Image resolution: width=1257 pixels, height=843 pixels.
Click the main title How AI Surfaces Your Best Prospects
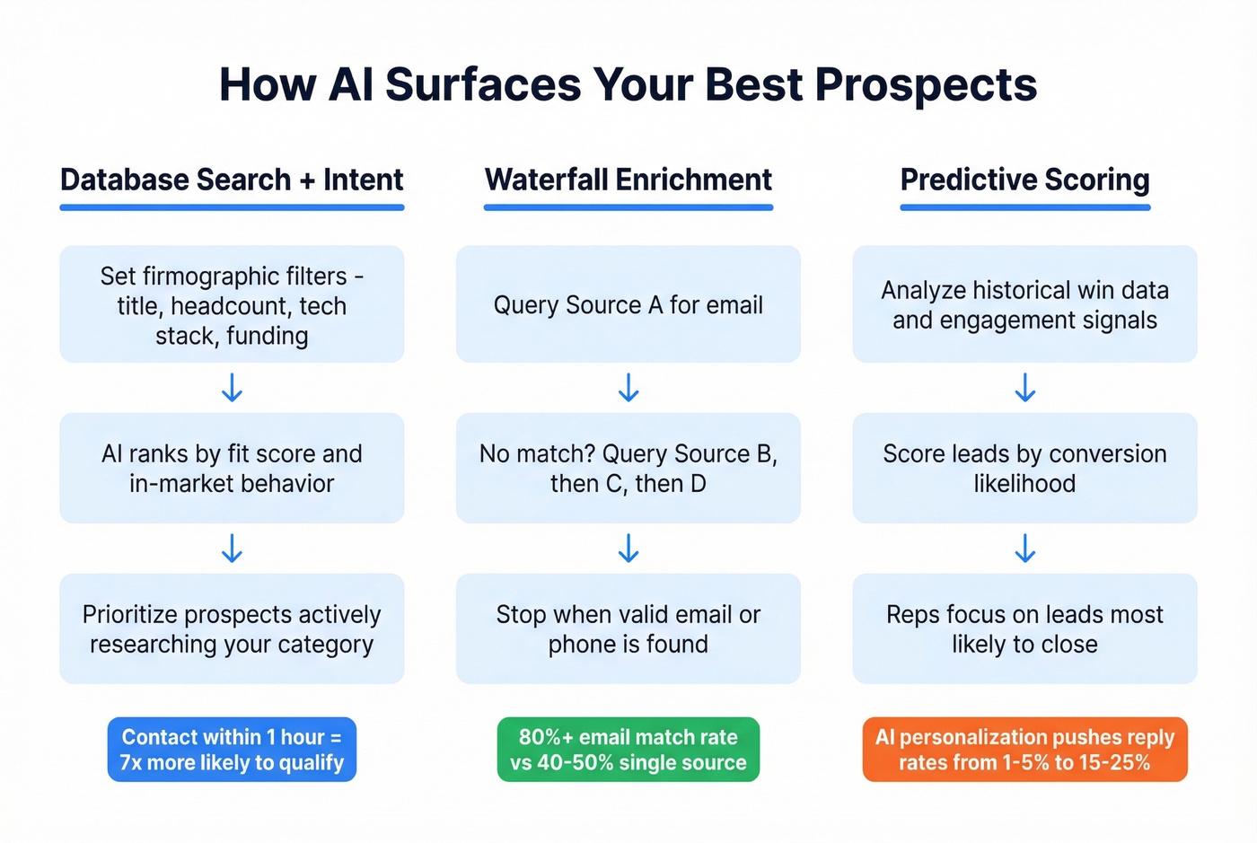pyautogui.click(x=628, y=84)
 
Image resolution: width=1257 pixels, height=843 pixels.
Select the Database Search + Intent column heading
pyautogui.click(x=232, y=180)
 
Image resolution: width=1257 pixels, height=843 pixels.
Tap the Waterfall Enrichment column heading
pyautogui.click(x=628, y=180)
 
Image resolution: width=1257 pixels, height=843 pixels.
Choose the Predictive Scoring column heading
pyautogui.click(x=1024, y=180)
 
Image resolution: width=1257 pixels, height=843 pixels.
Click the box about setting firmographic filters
pyautogui.click(x=232, y=304)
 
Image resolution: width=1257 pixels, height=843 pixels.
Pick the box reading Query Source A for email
pyautogui.click(x=628, y=304)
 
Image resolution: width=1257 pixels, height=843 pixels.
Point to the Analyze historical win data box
pyautogui.click(x=1024, y=304)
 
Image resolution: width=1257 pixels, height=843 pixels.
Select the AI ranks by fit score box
pyautogui.click(x=232, y=468)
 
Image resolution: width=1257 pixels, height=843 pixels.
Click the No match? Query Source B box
pyautogui.click(x=628, y=468)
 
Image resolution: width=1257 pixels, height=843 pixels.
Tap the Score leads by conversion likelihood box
pyautogui.click(x=1024, y=468)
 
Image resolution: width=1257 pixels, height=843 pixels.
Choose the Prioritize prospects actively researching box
pyautogui.click(x=232, y=628)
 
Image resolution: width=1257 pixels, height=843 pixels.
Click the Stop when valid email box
pyautogui.click(x=628, y=628)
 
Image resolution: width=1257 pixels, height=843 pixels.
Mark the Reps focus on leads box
pyautogui.click(x=1024, y=628)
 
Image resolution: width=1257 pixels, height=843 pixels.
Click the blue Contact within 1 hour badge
pyautogui.click(x=232, y=750)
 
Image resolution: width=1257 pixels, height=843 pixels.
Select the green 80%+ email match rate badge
pyautogui.click(x=628, y=750)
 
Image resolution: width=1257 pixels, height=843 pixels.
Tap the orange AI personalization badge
pyautogui.click(x=1024, y=750)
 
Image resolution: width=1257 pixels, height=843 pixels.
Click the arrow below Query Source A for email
pyautogui.click(x=628, y=388)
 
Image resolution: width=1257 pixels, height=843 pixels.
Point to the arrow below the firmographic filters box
pyautogui.click(x=232, y=388)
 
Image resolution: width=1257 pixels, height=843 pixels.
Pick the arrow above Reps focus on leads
pyautogui.click(x=1024, y=548)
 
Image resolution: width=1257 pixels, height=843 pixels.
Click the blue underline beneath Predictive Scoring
pyautogui.click(x=1024, y=207)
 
